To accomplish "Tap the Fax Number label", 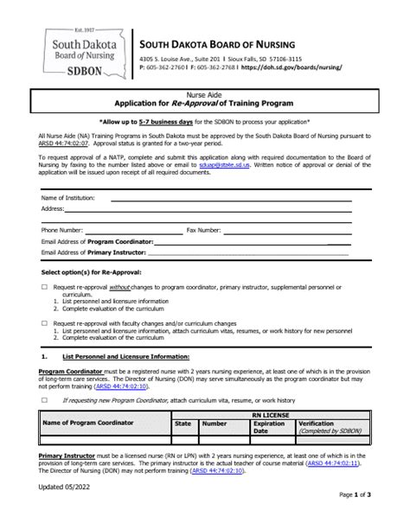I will pyautogui.click(x=203, y=230).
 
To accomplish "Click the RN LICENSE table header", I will pyautogui.click(x=274, y=391).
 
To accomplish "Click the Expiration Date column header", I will pyautogui.click(x=268, y=403).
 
